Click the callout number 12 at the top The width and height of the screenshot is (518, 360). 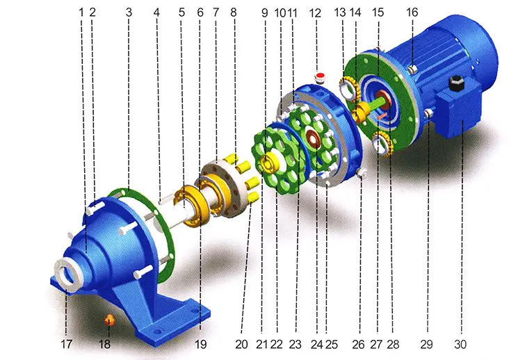(x=316, y=13)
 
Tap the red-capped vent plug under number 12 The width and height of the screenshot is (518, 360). (x=319, y=76)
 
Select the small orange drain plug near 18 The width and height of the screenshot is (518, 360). (x=109, y=320)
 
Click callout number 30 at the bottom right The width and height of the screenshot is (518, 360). (x=460, y=344)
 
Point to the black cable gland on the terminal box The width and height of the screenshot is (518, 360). (x=457, y=83)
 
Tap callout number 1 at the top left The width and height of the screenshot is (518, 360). (x=81, y=13)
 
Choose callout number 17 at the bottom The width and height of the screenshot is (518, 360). (x=66, y=344)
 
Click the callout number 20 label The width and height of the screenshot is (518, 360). (x=241, y=344)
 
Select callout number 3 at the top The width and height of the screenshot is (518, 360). (x=129, y=13)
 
